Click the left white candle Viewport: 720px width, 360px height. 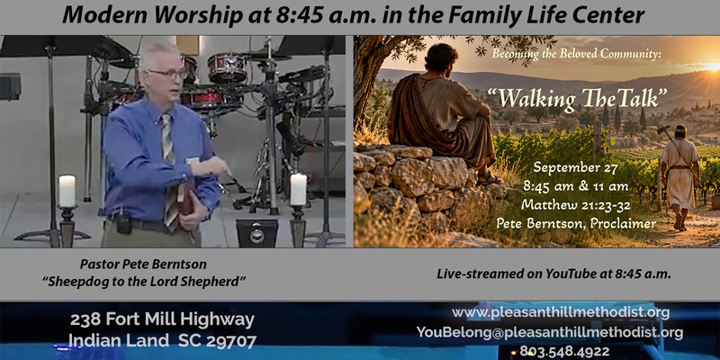tap(67, 191)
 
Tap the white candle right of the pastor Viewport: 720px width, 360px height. tap(299, 189)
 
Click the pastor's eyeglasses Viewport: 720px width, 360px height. tap(168, 74)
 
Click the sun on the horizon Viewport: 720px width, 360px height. tap(713, 67)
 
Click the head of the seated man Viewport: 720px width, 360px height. tap(441, 58)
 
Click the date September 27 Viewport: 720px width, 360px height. tap(575, 168)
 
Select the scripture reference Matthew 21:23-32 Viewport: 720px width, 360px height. tap(575, 205)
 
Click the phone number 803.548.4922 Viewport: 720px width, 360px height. tap(564, 352)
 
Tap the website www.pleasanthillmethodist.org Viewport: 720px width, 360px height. tap(561, 312)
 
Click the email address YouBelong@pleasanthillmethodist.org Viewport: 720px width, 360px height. tap(550, 332)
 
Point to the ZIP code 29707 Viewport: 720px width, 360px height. tap(231, 341)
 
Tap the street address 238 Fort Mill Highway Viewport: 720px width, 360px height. tap(162, 319)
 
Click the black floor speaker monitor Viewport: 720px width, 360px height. tap(257, 233)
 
